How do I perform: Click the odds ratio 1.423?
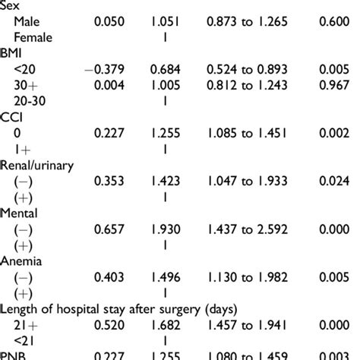pyautogui.click(x=166, y=182)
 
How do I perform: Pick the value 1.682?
pyautogui.click(x=166, y=327)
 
